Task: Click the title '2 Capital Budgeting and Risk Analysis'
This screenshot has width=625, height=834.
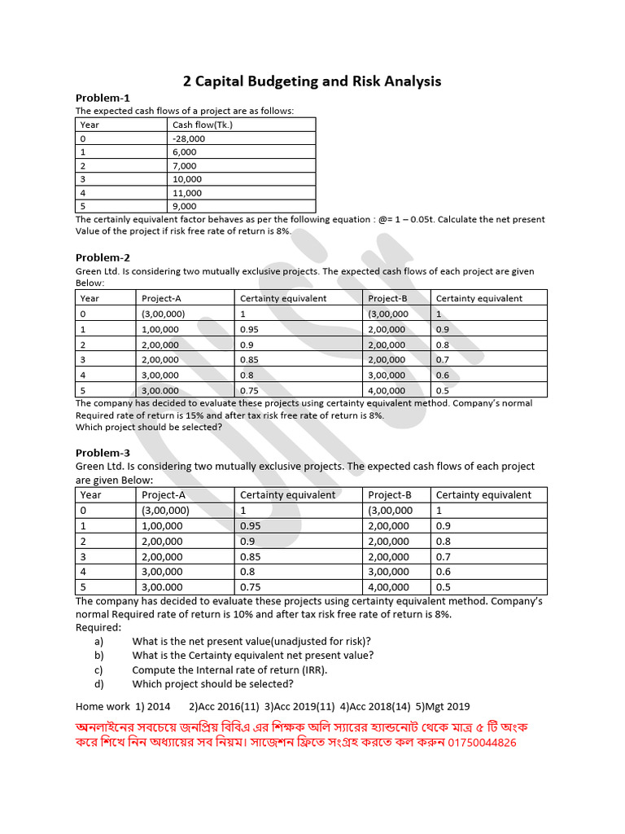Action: click(x=312, y=81)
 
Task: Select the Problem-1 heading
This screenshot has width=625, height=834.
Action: click(x=103, y=98)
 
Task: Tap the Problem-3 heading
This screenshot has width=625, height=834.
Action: click(x=103, y=453)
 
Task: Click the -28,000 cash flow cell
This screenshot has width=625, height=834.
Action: click(x=189, y=138)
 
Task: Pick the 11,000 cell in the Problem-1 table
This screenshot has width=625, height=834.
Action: click(x=186, y=193)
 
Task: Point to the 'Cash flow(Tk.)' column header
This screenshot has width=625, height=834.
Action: click(x=203, y=125)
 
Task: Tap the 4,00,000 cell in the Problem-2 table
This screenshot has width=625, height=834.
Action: click(x=388, y=390)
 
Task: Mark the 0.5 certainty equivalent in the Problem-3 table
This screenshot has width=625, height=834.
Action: click(x=443, y=586)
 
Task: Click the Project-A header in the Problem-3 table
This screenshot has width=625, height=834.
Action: click(x=163, y=494)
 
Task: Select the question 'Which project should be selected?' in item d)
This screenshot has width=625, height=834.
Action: click(x=212, y=684)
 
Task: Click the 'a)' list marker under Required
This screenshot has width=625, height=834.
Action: click(x=99, y=641)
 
